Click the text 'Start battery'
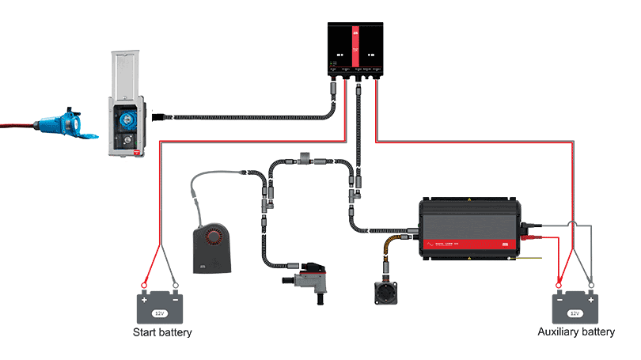162,332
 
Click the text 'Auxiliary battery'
575,332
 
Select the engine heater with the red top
305,278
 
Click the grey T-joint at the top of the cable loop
305,158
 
